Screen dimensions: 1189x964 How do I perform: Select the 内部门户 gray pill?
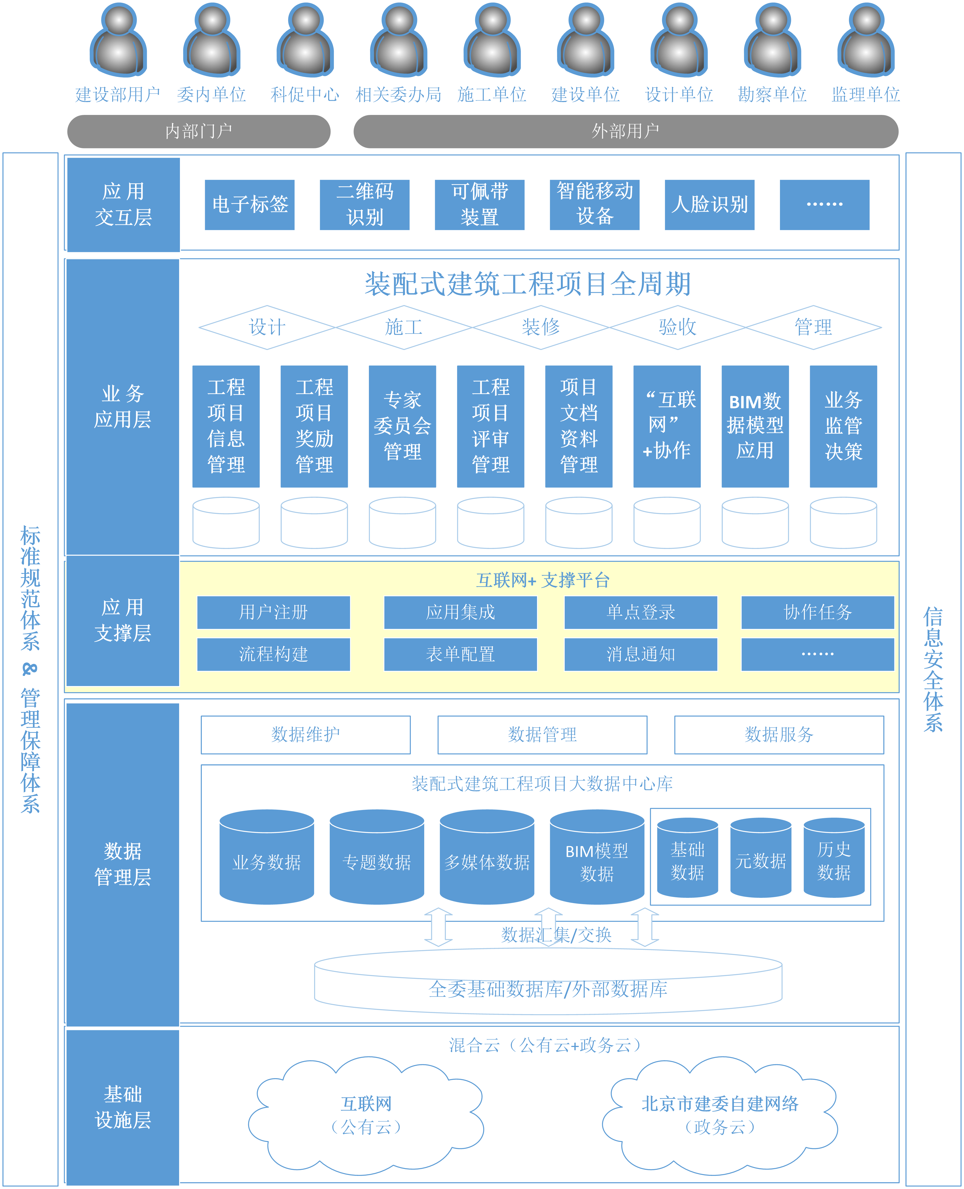point(199,132)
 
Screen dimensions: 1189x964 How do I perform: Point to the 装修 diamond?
point(540,327)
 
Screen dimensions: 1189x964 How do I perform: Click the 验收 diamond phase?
point(677,327)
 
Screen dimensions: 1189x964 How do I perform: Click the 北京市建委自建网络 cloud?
point(720,1115)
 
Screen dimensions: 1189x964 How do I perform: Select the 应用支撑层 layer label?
point(123,620)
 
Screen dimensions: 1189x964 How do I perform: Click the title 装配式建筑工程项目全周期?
point(527,284)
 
